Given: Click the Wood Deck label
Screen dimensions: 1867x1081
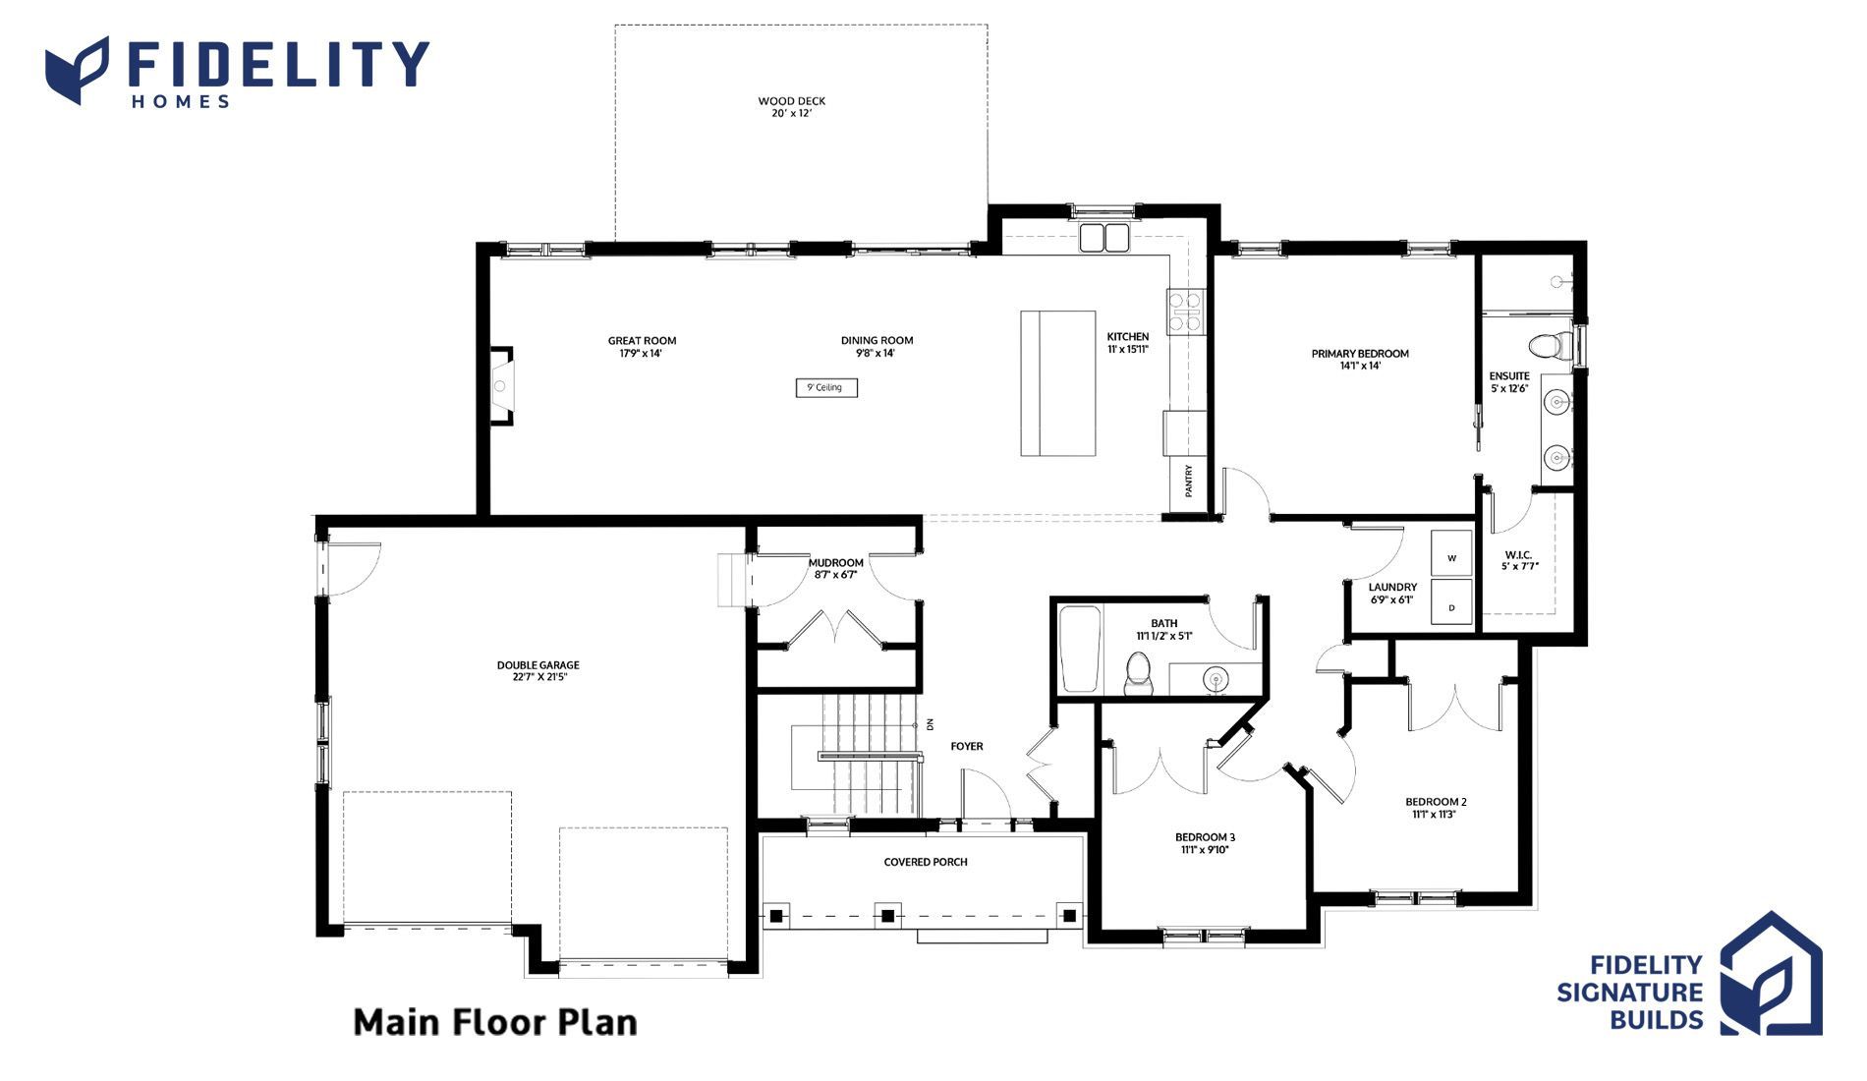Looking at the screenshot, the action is coord(791,101).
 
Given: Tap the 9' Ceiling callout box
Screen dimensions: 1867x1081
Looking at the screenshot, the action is coord(826,388).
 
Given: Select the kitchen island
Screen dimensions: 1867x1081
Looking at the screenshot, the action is coord(1058,383).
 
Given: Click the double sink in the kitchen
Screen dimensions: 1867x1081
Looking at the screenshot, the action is coord(1104,238).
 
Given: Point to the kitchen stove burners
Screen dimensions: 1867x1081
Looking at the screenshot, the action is coord(1185,311).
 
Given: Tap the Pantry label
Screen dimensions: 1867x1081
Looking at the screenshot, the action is coord(1189,481).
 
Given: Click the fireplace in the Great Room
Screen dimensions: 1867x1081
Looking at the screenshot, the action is coord(501,385).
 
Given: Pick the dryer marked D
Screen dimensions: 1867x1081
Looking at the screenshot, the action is coord(1451,602).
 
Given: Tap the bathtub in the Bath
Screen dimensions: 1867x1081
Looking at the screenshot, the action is coord(1080,651).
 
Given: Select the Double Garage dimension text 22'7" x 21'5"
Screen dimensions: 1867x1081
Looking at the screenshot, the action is coord(538,677).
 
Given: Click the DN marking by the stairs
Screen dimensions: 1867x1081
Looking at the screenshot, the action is coord(930,724).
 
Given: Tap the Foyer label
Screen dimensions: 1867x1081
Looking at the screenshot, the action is coord(967,747).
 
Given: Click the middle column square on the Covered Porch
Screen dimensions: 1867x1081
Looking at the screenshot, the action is coord(887,916).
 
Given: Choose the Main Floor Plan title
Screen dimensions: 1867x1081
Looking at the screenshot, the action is coord(495,1023).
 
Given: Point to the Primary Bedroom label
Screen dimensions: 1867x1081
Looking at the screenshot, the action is coord(1360,354).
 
